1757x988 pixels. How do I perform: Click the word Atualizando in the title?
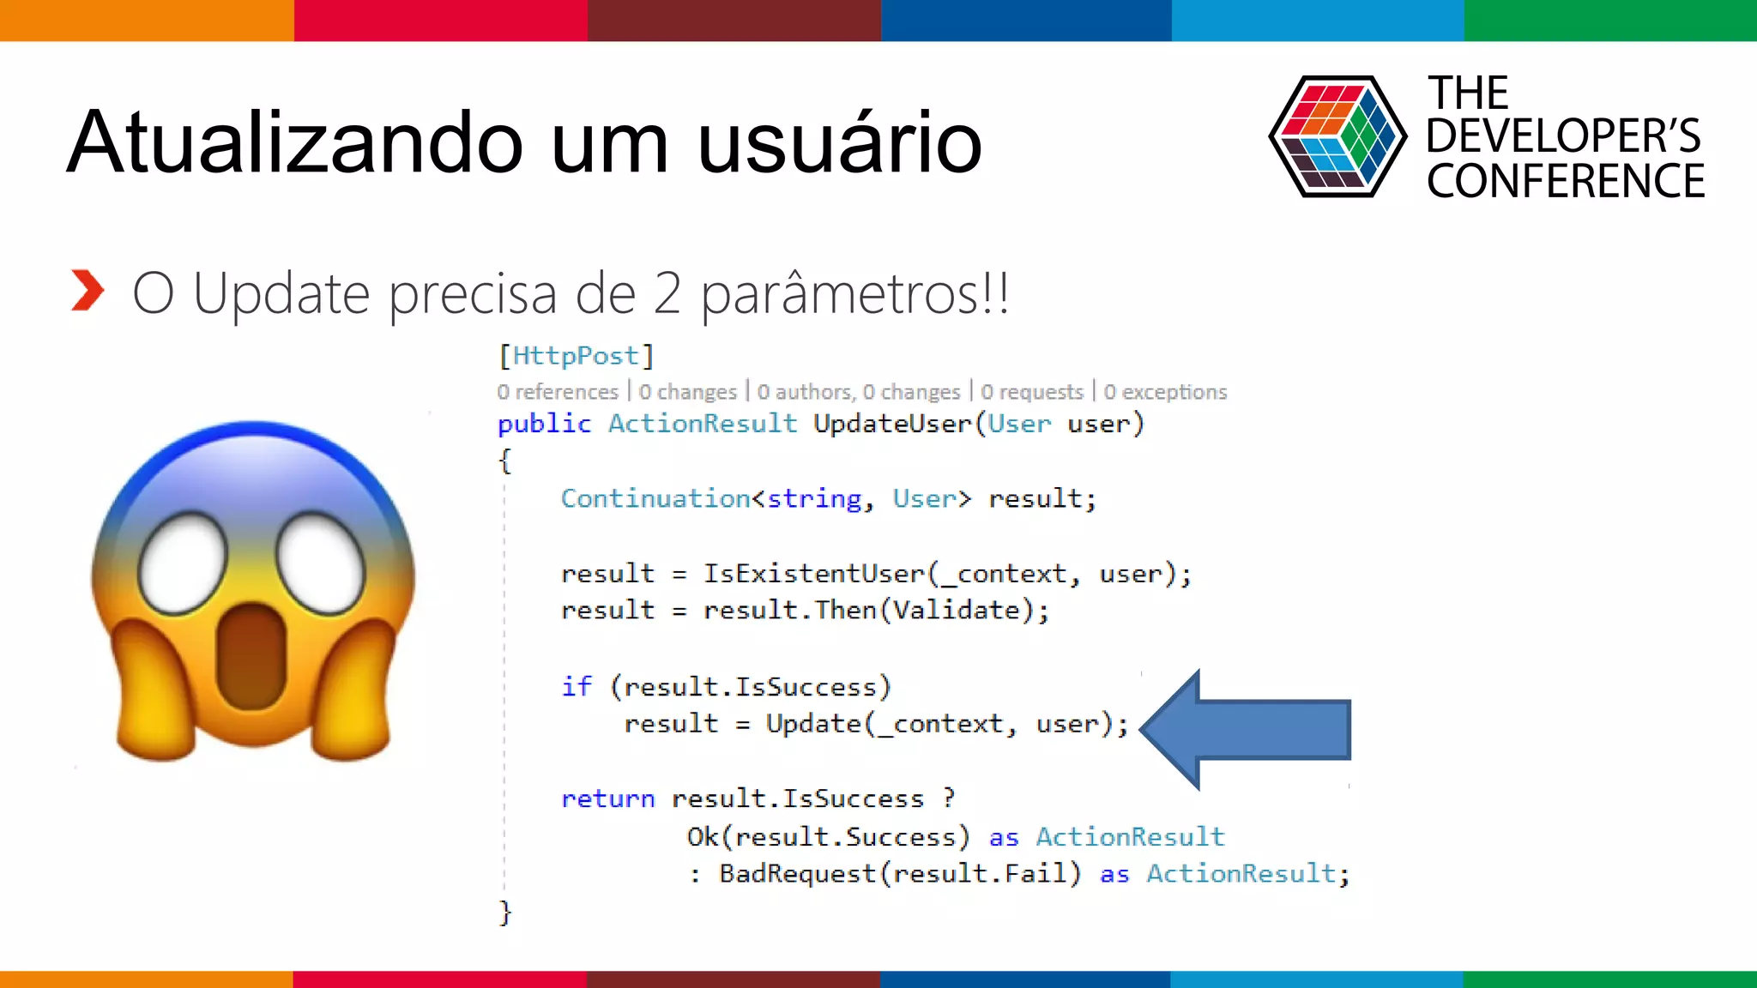click(x=295, y=142)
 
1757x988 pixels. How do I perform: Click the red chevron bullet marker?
click(x=88, y=291)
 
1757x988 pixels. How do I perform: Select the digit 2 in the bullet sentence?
click(x=667, y=294)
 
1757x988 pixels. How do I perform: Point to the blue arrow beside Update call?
click(x=1248, y=729)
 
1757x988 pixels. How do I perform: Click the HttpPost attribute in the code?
click(x=576, y=356)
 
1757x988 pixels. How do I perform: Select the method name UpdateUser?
click(x=891, y=424)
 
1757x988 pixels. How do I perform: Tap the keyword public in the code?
click(x=544, y=424)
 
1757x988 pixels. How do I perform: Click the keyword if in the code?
click(x=577, y=687)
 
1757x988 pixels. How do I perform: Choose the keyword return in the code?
click(x=607, y=799)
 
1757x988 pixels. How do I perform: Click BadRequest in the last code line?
click(x=797, y=874)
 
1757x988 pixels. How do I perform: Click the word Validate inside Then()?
click(x=957, y=611)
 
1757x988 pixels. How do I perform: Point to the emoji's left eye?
click(x=183, y=563)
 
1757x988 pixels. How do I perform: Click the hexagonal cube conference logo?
click(x=1337, y=137)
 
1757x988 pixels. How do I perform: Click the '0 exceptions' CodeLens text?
click(x=1165, y=393)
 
